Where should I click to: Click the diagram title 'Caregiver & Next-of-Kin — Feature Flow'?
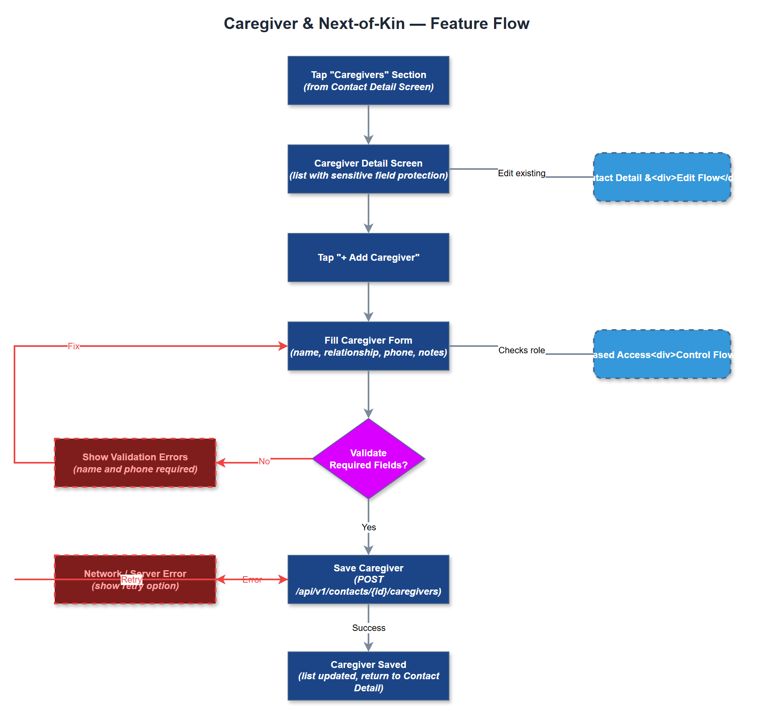click(x=376, y=24)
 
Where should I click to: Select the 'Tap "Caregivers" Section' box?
click(x=368, y=80)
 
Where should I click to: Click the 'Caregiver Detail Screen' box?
click(x=368, y=169)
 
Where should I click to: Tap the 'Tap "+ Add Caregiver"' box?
click(x=368, y=258)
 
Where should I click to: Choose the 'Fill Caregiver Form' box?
click(x=368, y=346)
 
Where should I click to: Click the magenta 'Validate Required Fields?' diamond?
click(x=368, y=459)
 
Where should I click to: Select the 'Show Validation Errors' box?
click(x=135, y=463)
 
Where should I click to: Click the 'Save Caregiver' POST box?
click(x=368, y=579)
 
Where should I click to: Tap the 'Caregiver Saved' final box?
click(x=368, y=676)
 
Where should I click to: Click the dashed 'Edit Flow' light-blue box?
click(x=662, y=177)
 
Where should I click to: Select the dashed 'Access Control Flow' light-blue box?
click(x=662, y=354)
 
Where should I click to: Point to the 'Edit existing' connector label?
click(x=521, y=173)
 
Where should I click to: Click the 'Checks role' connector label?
click(x=521, y=350)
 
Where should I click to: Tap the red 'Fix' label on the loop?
click(x=74, y=346)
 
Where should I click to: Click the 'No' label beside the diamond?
click(x=264, y=461)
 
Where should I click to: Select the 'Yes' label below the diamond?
click(x=369, y=527)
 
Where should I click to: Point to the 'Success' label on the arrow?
click(x=369, y=628)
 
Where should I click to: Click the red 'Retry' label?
click(x=131, y=579)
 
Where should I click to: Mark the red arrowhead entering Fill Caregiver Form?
click(x=283, y=346)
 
